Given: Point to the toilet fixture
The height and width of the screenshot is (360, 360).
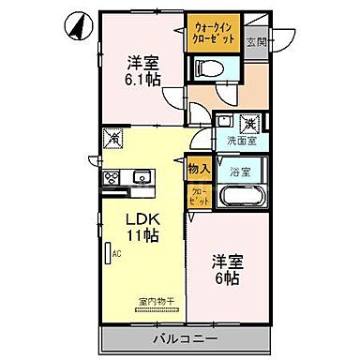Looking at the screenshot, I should (x=207, y=67).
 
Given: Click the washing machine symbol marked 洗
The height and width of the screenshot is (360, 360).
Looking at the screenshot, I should (x=250, y=122).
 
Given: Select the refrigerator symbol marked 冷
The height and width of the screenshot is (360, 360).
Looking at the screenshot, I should (x=113, y=138).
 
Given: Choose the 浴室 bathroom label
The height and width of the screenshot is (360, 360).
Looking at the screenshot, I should (x=240, y=172).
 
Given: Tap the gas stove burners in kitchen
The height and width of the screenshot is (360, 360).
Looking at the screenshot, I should (x=112, y=176).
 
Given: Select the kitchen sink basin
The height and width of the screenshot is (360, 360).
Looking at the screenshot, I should (x=143, y=176).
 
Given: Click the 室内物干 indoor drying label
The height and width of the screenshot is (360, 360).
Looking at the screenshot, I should (x=152, y=302).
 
